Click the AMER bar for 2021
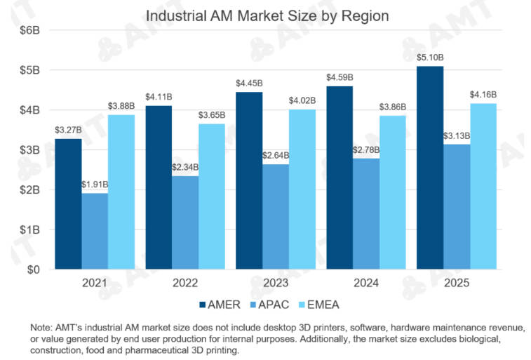(69, 204)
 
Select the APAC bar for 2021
(95, 232)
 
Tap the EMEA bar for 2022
(212, 196)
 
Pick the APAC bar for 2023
(276, 217)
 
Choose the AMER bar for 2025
(430, 168)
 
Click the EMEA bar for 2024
(393, 192)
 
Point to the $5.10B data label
(430, 58)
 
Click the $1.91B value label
(95, 185)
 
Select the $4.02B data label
(302, 100)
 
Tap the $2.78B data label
(366, 149)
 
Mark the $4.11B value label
(159, 98)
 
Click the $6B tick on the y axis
(29, 30)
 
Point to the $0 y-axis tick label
(34, 270)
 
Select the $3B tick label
(29, 150)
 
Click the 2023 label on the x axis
(276, 283)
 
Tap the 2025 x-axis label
(457, 283)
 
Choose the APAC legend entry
(269, 305)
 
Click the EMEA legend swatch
(302, 305)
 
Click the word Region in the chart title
(365, 16)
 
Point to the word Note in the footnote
(41, 328)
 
